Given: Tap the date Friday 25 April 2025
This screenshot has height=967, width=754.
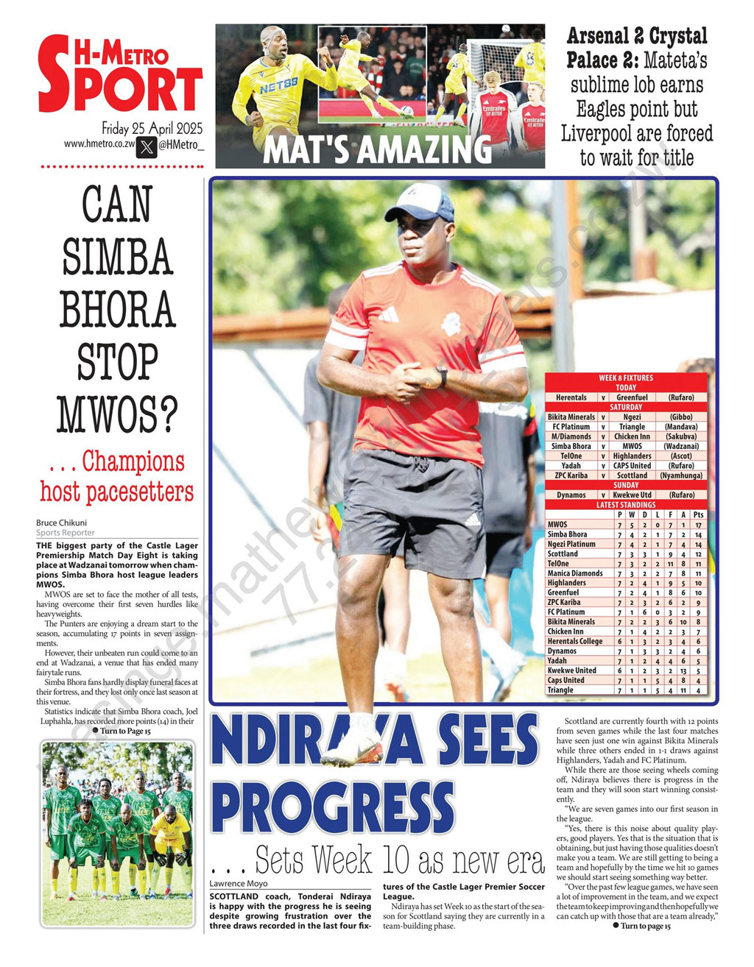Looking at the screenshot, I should (x=152, y=128).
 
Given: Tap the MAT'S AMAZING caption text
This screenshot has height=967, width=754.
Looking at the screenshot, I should (x=377, y=149).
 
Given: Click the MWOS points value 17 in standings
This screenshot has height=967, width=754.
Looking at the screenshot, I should (x=698, y=525).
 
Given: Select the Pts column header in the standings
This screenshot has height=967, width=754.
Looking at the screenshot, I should (x=698, y=515).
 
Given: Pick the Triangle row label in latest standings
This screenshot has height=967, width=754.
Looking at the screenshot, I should (x=560, y=690).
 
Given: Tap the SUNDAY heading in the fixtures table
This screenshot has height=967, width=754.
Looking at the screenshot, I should (x=626, y=486).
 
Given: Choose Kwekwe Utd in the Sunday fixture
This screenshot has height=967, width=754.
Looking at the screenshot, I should (x=632, y=495).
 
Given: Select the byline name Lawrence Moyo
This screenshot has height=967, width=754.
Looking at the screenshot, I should (x=239, y=883).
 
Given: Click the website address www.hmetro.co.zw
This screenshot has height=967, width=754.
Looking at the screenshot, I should (x=99, y=144).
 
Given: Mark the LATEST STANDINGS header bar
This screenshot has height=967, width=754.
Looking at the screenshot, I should (x=626, y=505).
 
